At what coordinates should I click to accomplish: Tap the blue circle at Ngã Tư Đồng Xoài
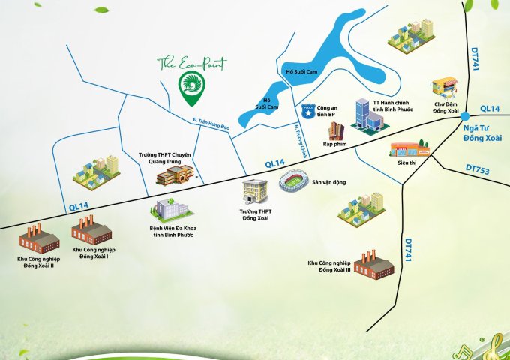[x=465, y=115]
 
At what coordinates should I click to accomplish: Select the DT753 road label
[x=477, y=172]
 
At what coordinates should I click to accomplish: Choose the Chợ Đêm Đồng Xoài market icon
[x=445, y=88]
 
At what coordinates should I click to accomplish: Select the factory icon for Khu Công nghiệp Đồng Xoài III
[x=374, y=262]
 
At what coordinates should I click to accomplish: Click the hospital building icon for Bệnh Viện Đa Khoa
[x=166, y=208]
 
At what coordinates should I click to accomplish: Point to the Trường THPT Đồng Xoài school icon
[x=255, y=193]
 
